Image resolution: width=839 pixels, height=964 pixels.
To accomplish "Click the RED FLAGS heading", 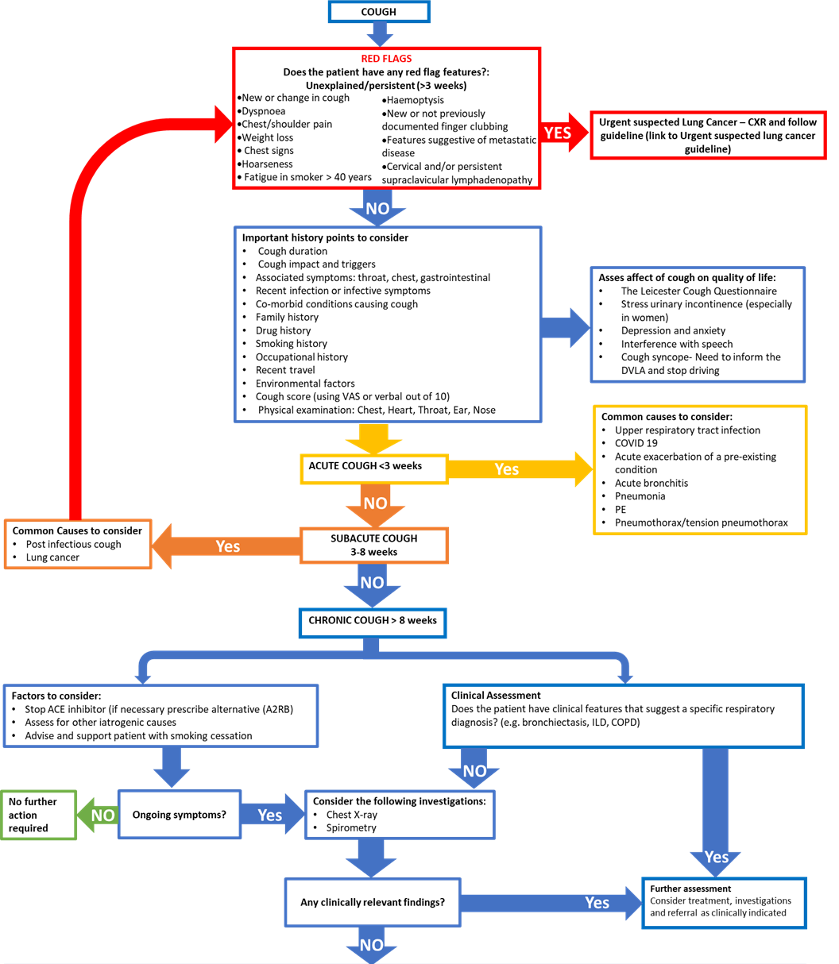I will tap(386, 59).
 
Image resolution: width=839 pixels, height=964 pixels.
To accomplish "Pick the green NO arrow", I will tap(99, 816).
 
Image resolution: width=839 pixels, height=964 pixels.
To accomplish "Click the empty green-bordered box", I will tap(39, 816).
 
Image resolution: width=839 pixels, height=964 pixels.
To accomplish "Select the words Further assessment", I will tap(690, 889).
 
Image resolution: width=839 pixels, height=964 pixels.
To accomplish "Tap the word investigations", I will tap(763, 900).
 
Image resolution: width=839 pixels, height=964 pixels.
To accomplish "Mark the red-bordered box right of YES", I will tap(708, 136).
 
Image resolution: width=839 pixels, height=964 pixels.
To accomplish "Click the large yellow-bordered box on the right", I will tap(700, 470).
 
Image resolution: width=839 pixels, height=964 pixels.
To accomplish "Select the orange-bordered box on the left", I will tap(78, 544).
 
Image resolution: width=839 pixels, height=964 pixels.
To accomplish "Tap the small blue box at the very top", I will tap(379, 12).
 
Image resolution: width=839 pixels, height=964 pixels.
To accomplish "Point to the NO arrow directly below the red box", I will tap(377, 208).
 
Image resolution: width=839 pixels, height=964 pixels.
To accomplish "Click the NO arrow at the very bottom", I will tap(371, 945).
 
